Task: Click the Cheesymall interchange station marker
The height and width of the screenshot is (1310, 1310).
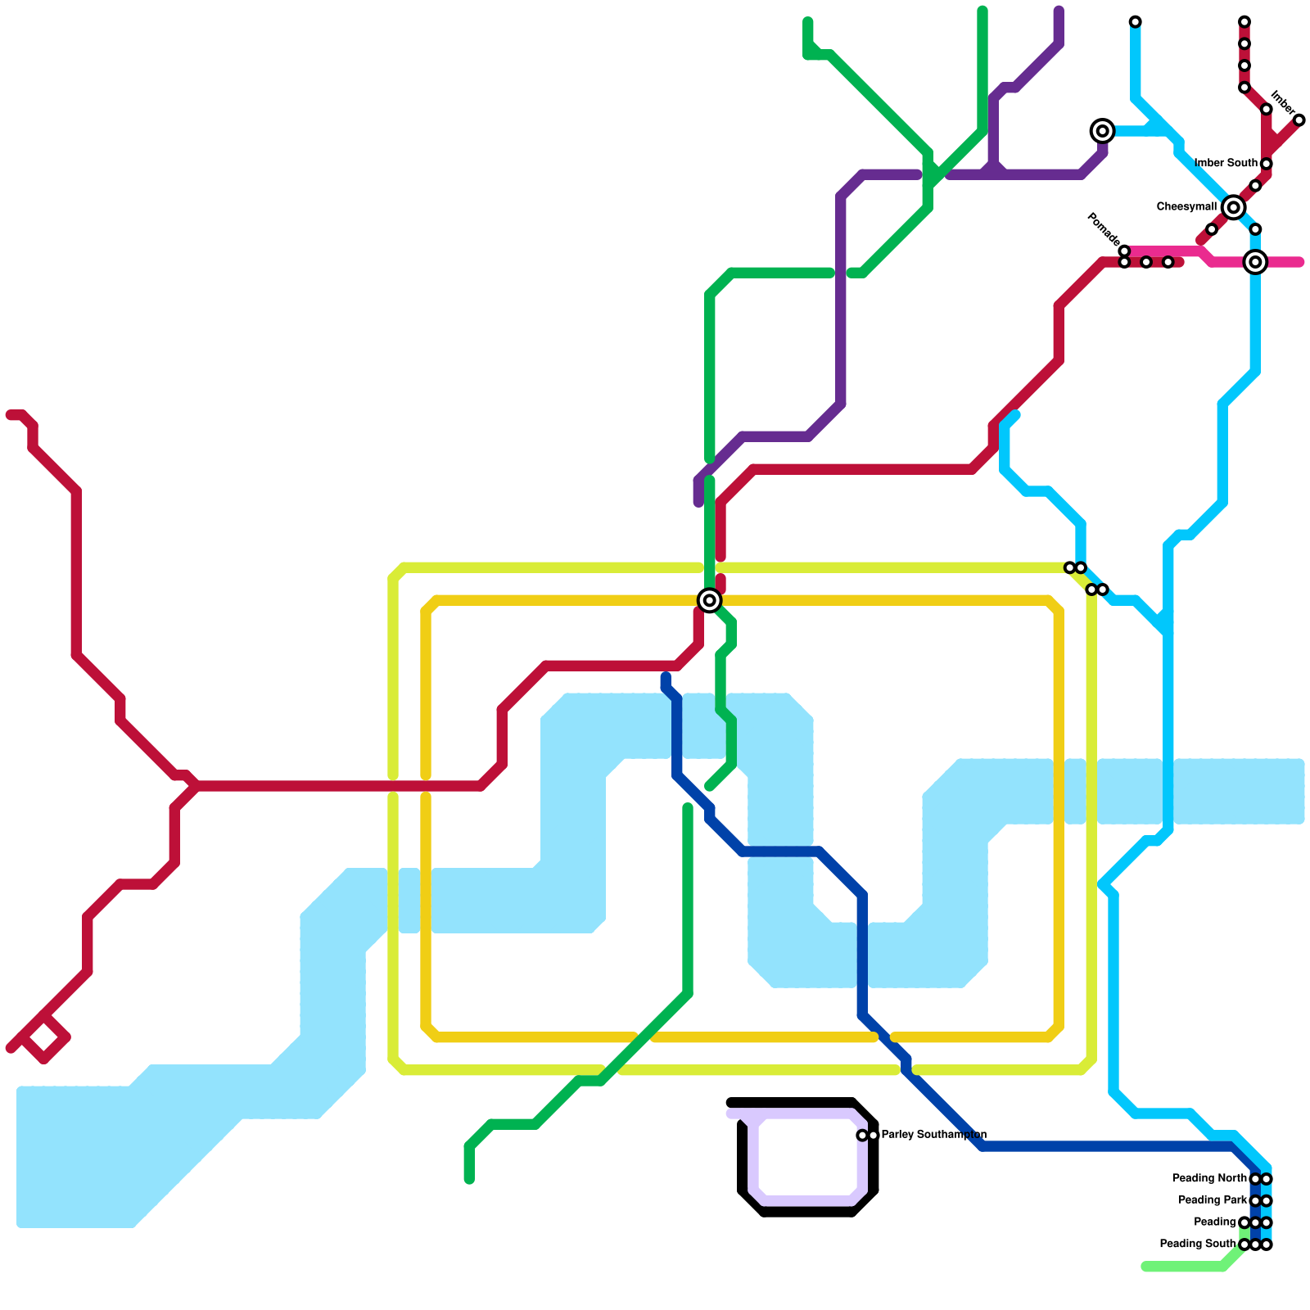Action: coord(1233,208)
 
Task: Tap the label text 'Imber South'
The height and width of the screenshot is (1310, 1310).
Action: coord(1226,163)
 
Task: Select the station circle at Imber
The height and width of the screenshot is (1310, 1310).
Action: coord(1299,120)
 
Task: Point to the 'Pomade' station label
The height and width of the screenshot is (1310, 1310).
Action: coord(1103,228)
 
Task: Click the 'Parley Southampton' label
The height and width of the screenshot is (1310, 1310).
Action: coord(933,1135)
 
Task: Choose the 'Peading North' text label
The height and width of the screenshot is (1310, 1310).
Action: coord(1209,1178)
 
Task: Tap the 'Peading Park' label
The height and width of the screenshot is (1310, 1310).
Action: coord(1213,1200)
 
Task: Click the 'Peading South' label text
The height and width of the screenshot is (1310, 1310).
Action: coord(1198,1244)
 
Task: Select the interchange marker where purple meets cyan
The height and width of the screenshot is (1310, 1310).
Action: coord(1103,131)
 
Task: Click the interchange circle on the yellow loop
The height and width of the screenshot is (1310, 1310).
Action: coord(710,600)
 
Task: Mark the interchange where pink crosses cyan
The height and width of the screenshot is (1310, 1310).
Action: coord(1255,262)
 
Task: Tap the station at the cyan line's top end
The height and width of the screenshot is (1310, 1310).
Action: coord(1135,22)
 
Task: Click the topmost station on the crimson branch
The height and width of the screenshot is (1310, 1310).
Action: coord(1244,22)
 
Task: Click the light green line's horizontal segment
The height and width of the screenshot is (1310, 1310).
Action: coord(1183,1267)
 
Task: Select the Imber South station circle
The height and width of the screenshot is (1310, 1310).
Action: coord(1267,164)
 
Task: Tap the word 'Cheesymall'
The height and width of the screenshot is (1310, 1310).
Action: coord(1186,207)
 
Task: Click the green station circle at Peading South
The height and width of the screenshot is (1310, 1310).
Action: coord(1244,1244)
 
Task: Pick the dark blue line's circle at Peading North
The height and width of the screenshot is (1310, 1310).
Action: coord(1255,1179)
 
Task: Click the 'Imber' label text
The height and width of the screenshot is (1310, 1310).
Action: coord(1283,103)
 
